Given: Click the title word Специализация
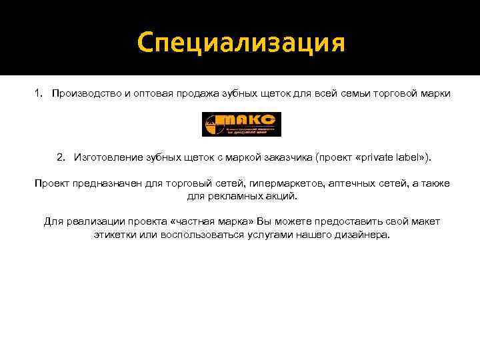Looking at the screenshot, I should click(x=241, y=43).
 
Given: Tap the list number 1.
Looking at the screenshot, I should click(x=37, y=93).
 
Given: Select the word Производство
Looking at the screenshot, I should click(x=86, y=93).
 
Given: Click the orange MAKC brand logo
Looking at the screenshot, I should click(x=241, y=125).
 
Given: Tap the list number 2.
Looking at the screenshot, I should click(x=61, y=157).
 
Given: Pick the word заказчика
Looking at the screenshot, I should click(x=288, y=157).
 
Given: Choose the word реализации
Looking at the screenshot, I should click(x=93, y=221).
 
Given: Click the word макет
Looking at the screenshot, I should click(x=424, y=221).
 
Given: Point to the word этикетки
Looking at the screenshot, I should click(x=116, y=235).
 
